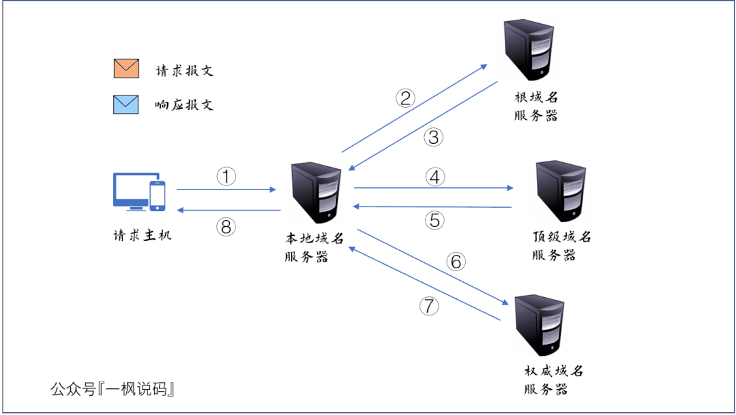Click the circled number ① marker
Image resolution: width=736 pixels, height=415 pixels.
click(x=226, y=176)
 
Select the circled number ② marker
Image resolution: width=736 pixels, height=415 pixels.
click(x=406, y=98)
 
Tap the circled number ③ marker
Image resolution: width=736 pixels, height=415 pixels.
click(x=433, y=137)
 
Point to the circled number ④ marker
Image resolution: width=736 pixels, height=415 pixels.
click(x=435, y=177)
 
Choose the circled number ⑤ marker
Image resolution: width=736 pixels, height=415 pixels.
click(x=435, y=220)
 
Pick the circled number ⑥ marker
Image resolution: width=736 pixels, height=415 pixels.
click(x=456, y=262)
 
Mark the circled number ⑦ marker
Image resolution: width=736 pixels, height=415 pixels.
click(x=429, y=306)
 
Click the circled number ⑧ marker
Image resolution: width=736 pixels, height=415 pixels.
click(x=226, y=227)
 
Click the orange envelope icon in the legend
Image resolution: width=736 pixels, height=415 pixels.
click(x=126, y=69)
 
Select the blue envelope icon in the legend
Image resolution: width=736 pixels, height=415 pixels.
click(x=126, y=104)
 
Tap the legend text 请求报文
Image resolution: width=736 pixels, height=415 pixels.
click(x=185, y=70)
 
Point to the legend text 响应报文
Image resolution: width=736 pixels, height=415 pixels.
click(x=185, y=105)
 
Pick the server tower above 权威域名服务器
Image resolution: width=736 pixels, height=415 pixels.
click(x=540, y=326)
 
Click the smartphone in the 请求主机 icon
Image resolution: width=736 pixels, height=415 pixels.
click(x=158, y=196)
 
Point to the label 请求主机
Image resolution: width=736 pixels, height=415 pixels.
click(x=143, y=236)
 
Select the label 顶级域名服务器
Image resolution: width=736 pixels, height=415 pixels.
click(x=561, y=245)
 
